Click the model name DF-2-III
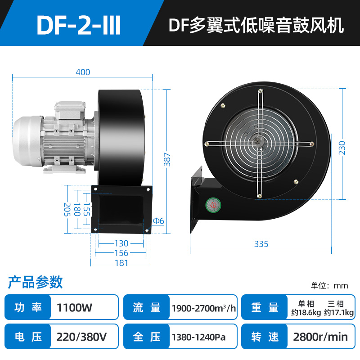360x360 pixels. (79, 26)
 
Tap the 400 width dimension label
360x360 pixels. (83, 72)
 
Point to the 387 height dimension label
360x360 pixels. (167, 158)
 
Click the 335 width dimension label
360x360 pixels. (261, 244)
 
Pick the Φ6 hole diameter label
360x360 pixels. (158, 221)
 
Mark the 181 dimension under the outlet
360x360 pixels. (121, 263)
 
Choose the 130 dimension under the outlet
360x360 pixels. (121, 243)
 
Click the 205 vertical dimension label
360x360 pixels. (67, 209)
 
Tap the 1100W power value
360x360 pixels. (75, 308)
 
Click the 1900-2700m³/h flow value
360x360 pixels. (204, 308)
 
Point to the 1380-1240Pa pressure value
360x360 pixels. (198, 337)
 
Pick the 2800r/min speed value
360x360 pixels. (320, 337)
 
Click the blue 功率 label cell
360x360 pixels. (28, 308)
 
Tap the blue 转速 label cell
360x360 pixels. (264, 337)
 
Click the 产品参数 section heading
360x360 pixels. (35, 282)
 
